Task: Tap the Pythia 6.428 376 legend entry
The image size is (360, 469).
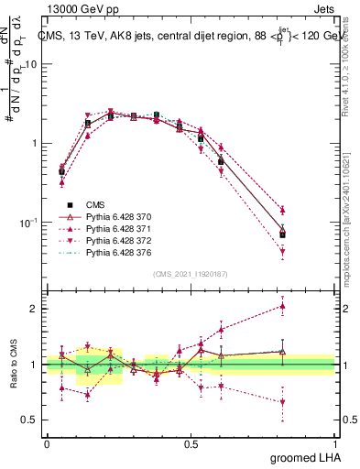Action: pos(120,252)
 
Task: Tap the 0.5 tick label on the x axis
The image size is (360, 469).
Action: pos(191,442)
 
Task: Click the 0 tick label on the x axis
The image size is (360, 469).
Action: pos(47,442)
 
